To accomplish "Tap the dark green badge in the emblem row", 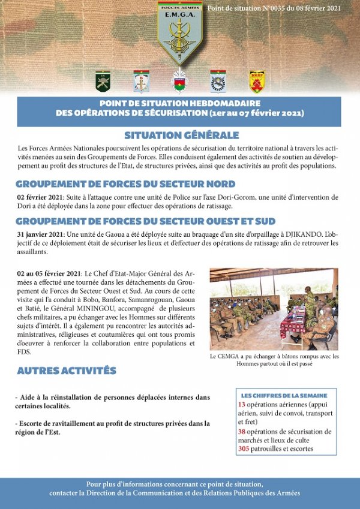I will coord(103,82).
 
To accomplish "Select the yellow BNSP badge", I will coord(257,82).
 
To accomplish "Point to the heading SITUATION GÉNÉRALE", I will coord(181,135).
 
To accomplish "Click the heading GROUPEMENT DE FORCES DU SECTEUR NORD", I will coord(125,184).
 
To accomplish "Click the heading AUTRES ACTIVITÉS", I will coord(66,371).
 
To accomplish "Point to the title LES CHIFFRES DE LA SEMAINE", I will coord(284,396).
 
